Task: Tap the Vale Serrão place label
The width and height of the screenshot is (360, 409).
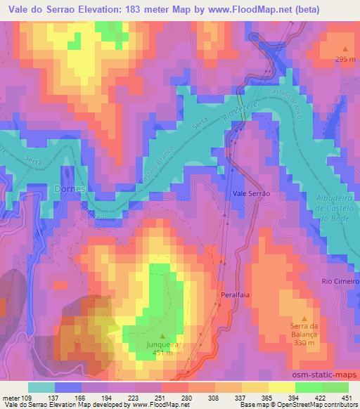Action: [250, 193]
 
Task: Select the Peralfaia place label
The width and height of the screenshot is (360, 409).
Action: [235, 296]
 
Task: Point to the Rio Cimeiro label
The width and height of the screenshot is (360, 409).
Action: [340, 282]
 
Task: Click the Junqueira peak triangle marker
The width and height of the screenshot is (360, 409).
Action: [163, 336]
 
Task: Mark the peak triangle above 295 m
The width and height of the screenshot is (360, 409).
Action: [345, 48]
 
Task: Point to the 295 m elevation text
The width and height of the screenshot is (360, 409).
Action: [345, 60]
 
